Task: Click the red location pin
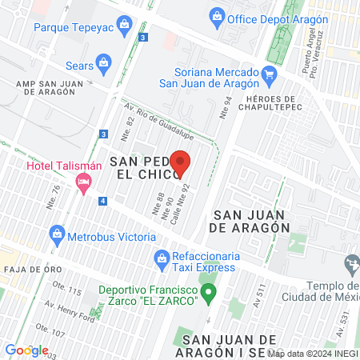click(181, 162)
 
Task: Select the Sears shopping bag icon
click(103, 62)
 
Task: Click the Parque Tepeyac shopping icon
click(124, 26)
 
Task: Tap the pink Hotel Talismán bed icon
click(82, 183)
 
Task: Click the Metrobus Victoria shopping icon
click(57, 234)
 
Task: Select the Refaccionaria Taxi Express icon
click(160, 260)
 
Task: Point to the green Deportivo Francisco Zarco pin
click(209, 291)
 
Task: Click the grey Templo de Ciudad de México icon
click(351, 263)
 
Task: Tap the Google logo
click(26, 350)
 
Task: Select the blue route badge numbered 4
click(103, 200)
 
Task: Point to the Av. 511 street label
click(258, 297)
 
